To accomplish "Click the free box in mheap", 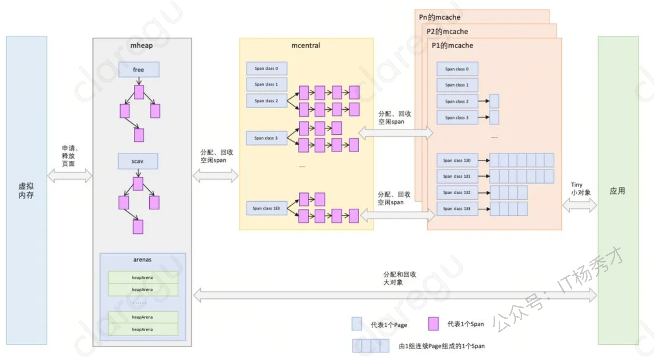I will [x=138, y=69].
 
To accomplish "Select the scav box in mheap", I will [x=137, y=161].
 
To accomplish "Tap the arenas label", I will [x=142, y=260].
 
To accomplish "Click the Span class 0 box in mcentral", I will [x=267, y=68].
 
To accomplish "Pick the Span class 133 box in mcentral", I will [x=267, y=208].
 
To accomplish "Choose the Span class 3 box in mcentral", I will [x=266, y=138].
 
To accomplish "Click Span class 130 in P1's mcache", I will [x=457, y=160].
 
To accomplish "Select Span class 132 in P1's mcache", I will [x=457, y=193].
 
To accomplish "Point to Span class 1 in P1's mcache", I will [x=457, y=85].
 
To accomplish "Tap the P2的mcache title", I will [x=448, y=32].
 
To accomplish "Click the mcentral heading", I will [x=306, y=45].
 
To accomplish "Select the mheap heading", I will [x=142, y=45].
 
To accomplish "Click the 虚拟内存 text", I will [x=26, y=191].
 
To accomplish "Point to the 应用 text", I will [x=617, y=191].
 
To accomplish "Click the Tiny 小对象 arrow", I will [x=579, y=205].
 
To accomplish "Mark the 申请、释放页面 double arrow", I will [x=69, y=176].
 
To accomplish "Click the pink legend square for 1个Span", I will [x=433, y=324].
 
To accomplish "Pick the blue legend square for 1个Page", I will [x=357, y=324].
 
